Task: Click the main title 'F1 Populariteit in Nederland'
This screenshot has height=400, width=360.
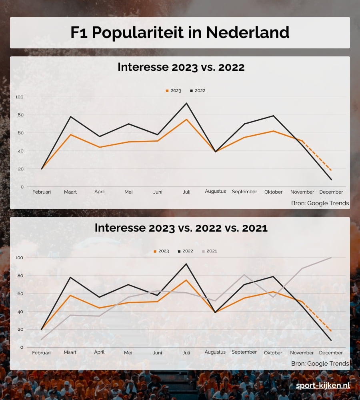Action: pyautogui.click(x=180, y=33)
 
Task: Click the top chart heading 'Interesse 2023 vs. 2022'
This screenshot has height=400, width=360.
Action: pyautogui.click(x=181, y=67)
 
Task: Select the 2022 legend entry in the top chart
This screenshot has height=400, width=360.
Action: pyautogui.click(x=198, y=91)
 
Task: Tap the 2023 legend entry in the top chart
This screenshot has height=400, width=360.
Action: pyautogui.click(x=174, y=91)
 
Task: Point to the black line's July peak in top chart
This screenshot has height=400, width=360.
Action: pyautogui.click(x=186, y=103)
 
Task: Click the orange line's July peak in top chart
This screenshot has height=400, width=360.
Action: pyautogui.click(x=186, y=119)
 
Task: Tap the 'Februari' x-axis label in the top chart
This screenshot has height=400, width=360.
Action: pyautogui.click(x=42, y=192)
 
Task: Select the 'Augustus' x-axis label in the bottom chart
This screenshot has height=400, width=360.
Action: pyautogui.click(x=215, y=352)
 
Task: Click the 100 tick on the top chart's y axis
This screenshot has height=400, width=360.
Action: pyautogui.click(x=20, y=97)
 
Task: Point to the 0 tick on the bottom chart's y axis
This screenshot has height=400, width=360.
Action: pyautogui.click(x=22, y=348)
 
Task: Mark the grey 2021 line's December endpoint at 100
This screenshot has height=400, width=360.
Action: pyautogui.click(x=331, y=258)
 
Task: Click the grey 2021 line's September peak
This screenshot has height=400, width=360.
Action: pyautogui.click(x=244, y=274)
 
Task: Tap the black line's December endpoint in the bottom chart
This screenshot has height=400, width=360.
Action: pyautogui.click(x=331, y=340)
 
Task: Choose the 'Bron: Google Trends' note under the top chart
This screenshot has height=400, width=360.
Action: pyautogui.click(x=320, y=203)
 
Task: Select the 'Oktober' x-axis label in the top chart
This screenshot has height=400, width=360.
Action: pyautogui.click(x=274, y=192)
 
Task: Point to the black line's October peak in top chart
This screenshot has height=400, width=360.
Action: pyautogui.click(x=274, y=116)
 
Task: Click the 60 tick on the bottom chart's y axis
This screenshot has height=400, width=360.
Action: pyautogui.click(x=20, y=294)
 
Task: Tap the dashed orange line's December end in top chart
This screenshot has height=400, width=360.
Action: pyautogui.click(x=331, y=170)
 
